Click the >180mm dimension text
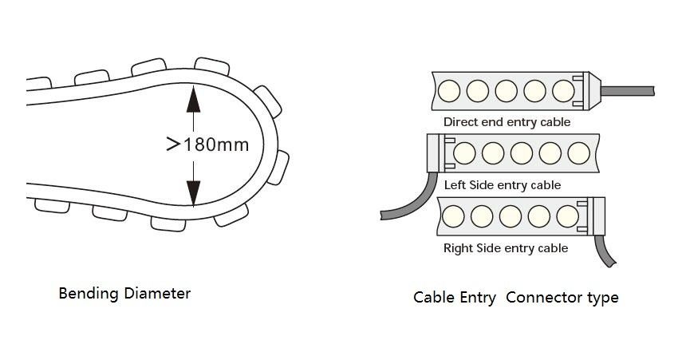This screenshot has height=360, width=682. coord(207,144)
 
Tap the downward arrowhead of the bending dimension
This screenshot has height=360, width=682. coord(192,193)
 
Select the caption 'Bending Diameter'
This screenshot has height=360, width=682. coord(124,293)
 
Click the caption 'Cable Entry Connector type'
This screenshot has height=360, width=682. coord(515,298)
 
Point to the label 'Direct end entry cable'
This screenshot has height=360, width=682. coord(507,122)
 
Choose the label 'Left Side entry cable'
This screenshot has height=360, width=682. coord(503,185)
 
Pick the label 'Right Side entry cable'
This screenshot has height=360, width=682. coord(506,248)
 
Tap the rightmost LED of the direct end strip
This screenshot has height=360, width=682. coord(563,89)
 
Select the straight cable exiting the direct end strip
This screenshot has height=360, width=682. coord(627,90)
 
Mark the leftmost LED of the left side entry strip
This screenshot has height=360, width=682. coord(464,152)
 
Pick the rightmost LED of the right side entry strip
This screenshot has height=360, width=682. coord(568,216)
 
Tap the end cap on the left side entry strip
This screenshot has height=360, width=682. coord(437,152)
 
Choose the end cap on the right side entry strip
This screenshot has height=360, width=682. coord(597,216)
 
